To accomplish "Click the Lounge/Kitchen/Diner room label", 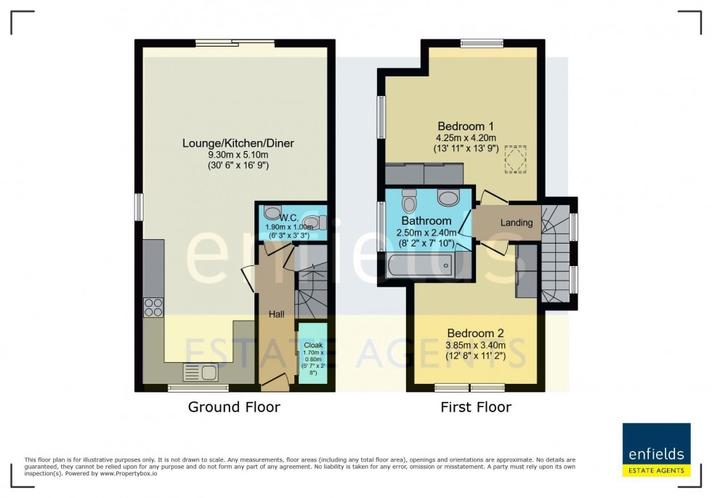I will [238, 143].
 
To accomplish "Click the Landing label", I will [517, 222].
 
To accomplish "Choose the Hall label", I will [276, 314].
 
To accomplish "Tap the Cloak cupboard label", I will [312, 344].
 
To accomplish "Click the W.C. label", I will [289, 216].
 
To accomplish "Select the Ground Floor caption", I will [234, 407].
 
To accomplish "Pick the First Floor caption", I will [476, 407].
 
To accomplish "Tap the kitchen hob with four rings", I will [153, 308].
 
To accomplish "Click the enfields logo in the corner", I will [655, 449].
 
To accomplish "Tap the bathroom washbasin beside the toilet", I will [449, 198].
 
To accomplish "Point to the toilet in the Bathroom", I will [408, 198].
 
